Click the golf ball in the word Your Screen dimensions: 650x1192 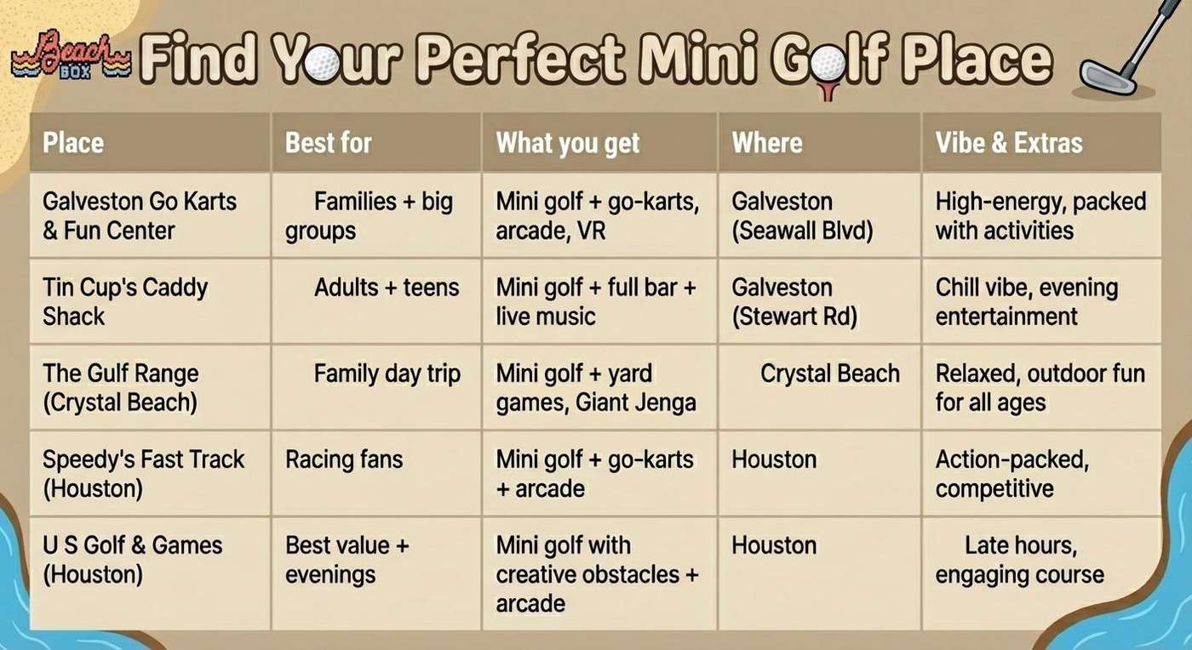pyautogui.click(x=322, y=62)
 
